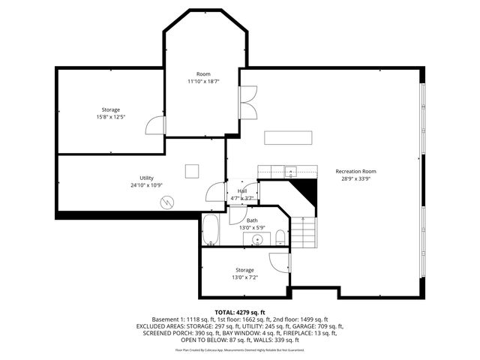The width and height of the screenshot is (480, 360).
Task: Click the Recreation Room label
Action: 355,171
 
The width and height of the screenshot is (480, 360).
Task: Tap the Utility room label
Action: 146,178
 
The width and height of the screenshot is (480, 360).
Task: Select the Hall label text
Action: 242,191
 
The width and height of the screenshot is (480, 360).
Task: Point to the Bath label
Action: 241,220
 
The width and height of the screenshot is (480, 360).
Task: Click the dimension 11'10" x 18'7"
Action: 203,81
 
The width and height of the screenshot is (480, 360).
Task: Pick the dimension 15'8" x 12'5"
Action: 111,117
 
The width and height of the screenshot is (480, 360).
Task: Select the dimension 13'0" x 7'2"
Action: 244,277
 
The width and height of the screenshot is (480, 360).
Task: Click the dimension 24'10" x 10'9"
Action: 146,185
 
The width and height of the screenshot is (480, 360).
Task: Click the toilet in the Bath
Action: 280,238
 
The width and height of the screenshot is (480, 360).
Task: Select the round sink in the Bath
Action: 258,240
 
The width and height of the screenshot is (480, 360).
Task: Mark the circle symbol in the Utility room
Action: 168,202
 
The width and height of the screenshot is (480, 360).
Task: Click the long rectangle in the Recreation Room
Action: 288,137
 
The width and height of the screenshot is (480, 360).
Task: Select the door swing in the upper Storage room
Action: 154,124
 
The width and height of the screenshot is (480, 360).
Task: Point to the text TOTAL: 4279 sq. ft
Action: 240,312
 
